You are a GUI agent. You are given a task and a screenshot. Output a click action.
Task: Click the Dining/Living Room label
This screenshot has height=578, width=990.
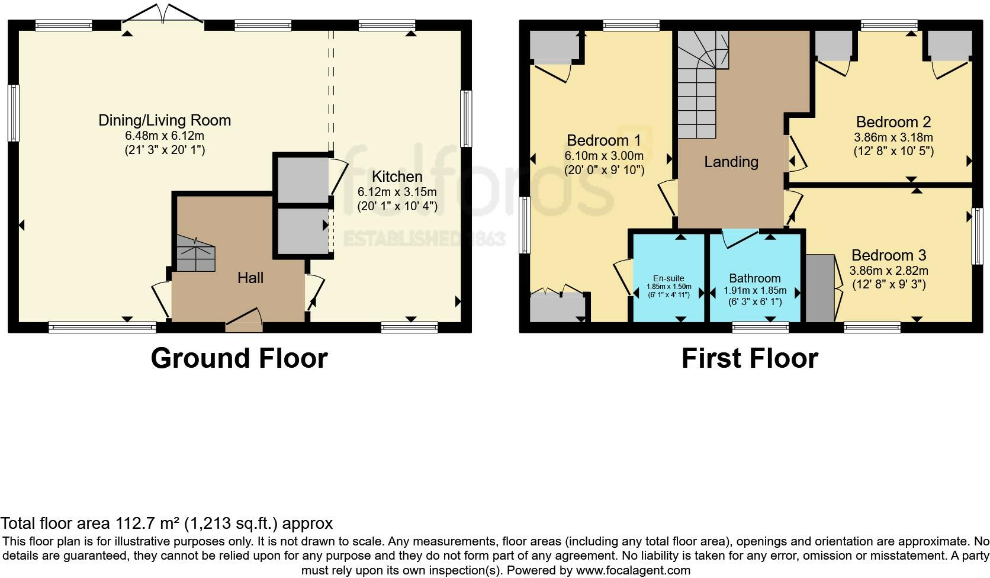[x=165, y=120]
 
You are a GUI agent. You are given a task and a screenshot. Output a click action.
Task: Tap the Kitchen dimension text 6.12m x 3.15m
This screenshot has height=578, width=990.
[x=397, y=192]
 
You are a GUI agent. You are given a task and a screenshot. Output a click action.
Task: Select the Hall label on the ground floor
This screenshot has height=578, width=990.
[x=250, y=278]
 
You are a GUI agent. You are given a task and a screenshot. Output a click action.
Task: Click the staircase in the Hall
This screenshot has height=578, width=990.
[x=195, y=253]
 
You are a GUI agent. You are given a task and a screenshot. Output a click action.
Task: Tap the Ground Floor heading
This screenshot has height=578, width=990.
[x=239, y=358]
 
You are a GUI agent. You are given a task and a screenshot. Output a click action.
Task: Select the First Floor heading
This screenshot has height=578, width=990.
[x=750, y=358]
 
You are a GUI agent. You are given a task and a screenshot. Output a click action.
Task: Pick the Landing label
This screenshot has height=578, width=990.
[x=731, y=162]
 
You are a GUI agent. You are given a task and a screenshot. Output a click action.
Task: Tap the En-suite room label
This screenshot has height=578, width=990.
[x=668, y=278]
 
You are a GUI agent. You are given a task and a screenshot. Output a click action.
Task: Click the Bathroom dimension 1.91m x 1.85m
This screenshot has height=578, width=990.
[x=755, y=291]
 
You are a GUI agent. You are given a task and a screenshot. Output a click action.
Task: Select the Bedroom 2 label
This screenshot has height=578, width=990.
[x=893, y=122]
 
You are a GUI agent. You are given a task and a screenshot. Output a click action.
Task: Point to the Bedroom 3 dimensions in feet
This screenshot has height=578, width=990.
[x=889, y=284]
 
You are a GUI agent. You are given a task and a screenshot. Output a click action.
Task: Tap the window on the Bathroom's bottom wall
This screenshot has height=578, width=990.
[x=761, y=327]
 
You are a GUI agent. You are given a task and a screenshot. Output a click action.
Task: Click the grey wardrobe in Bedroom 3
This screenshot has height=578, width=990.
[x=820, y=288]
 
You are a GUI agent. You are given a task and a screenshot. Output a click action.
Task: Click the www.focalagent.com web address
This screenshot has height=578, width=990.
[x=633, y=571]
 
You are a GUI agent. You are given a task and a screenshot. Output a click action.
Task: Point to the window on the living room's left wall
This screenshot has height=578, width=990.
[x=14, y=113]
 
